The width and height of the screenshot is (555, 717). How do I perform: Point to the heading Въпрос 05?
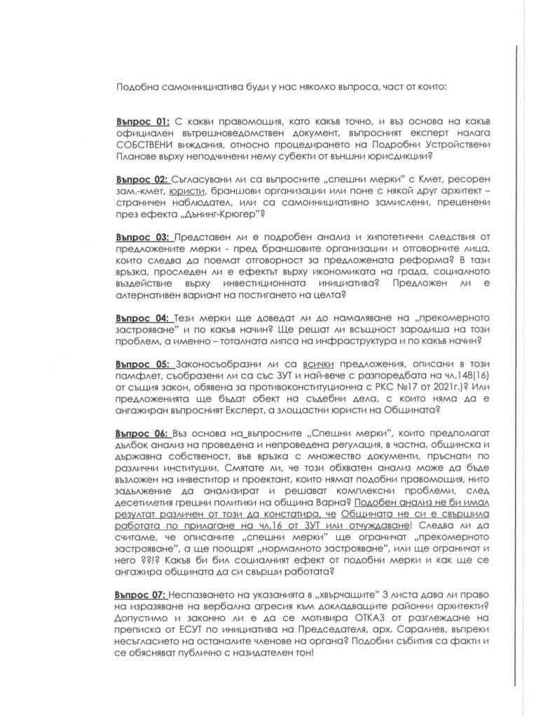click(139, 365)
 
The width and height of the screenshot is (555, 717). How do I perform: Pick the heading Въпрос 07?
click(139, 594)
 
